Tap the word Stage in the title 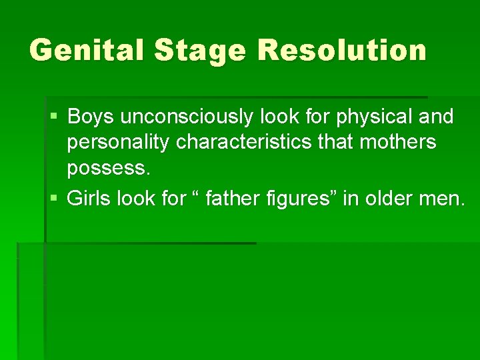point(200,51)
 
